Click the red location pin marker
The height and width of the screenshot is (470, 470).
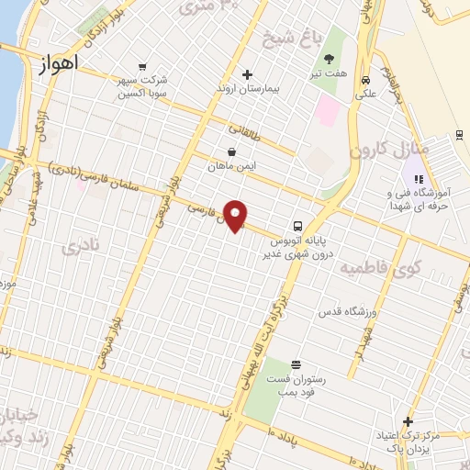[x=236, y=215]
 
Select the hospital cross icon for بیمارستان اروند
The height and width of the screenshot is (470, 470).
[x=247, y=74]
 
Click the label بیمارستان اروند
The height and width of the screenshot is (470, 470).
[x=247, y=90]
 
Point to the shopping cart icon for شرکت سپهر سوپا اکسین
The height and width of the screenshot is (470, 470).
[x=141, y=66]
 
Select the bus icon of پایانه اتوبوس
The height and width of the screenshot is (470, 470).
[x=298, y=226]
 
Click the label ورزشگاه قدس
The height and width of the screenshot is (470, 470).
[x=348, y=312]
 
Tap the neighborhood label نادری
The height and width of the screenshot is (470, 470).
[x=77, y=248]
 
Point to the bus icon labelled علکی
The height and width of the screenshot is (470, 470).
[x=366, y=79]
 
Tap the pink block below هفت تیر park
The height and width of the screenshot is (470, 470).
[x=328, y=112]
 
